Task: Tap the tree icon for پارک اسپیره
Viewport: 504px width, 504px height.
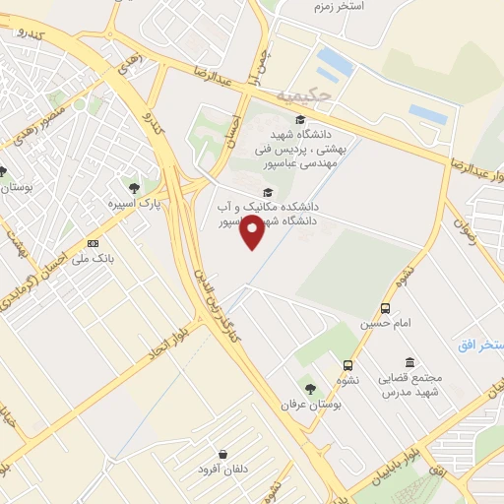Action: point(134,186)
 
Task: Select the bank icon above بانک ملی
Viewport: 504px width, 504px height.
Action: point(94,242)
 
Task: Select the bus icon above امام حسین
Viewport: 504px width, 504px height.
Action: point(385,307)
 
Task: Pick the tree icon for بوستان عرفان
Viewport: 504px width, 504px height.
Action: point(311,390)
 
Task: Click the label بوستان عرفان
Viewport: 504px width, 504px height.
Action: point(301,406)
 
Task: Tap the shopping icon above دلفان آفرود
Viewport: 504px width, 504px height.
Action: point(225,455)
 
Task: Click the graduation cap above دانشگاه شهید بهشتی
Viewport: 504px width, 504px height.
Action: point(300,120)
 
